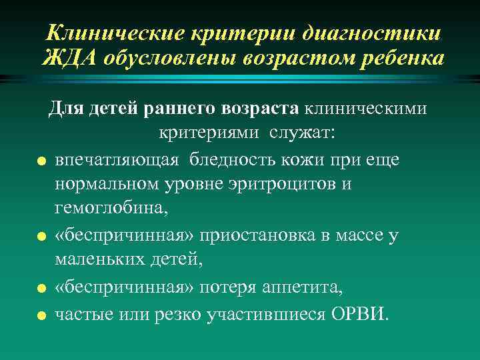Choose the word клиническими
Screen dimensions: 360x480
point(367,107)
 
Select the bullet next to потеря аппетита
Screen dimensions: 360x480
point(41,289)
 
